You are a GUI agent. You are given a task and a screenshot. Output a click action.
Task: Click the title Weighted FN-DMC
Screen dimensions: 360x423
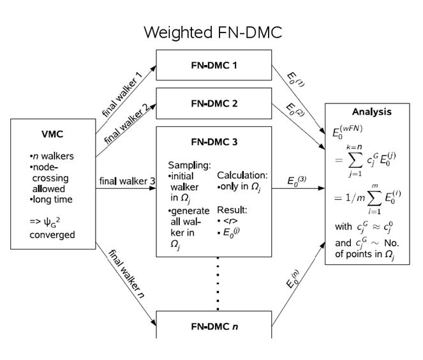click(212, 33)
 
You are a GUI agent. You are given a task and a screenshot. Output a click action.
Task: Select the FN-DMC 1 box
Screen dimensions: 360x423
click(214, 64)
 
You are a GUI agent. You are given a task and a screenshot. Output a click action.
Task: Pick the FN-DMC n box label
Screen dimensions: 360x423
click(214, 326)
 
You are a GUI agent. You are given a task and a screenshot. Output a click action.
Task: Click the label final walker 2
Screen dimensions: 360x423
click(126, 122)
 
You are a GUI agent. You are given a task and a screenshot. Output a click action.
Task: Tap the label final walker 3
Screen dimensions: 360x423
click(127, 181)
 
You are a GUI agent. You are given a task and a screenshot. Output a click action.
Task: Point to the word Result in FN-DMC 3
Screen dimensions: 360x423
click(231, 209)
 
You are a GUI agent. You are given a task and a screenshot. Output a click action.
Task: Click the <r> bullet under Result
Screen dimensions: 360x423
click(230, 221)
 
